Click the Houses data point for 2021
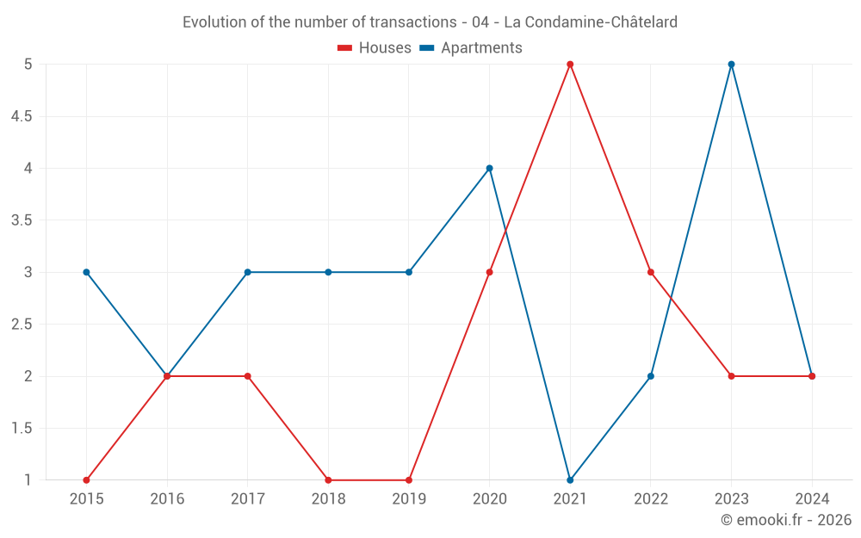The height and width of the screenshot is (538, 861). click(570, 65)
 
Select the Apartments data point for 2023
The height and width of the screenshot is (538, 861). click(732, 65)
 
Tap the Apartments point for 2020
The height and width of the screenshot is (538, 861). click(489, 168)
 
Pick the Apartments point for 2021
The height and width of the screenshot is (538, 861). click(570, 479)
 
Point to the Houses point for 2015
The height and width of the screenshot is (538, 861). click(86, 479)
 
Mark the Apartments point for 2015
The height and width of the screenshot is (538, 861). click(86, 272)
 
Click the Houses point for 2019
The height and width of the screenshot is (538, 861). click(409, 479)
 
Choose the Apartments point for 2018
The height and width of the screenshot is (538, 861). click(328, 272)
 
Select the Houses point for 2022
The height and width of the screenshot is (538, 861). click(651, 272)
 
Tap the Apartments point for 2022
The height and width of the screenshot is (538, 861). click(651, 376)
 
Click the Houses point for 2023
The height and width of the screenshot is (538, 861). click(732, 376)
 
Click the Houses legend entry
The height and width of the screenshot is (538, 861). click(375, 48)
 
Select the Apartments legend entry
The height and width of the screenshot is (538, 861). click(471, 48)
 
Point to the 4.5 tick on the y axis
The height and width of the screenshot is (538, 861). click(22, 116)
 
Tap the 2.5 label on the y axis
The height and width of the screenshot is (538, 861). click(22, 325)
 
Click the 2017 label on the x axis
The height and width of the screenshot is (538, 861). click(247, 498)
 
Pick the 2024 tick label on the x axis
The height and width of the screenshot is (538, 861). click(812, 498)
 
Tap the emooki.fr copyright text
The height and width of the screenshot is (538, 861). click(786, 520)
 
